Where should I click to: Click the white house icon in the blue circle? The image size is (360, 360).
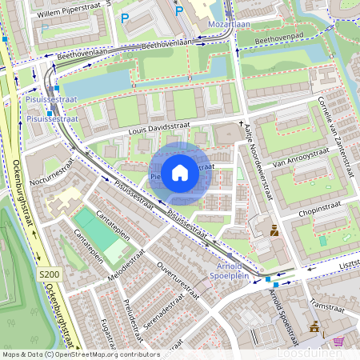point(180,172)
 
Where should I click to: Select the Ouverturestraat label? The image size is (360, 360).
point(178,279)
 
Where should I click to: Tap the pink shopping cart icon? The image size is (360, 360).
point(338,341)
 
